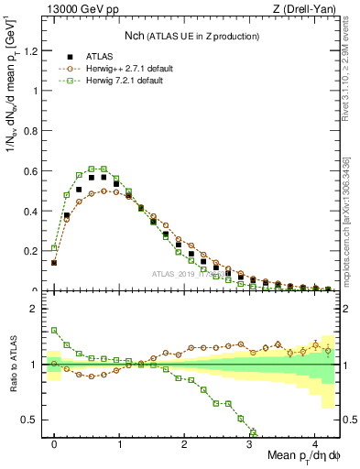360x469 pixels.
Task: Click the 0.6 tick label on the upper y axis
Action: [33, 171]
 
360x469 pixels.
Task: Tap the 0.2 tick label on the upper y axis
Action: [33, 251]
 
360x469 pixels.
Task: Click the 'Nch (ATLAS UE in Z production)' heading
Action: [191, 36]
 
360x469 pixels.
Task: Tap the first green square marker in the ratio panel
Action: [54, 331]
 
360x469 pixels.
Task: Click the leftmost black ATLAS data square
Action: [54, 262]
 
